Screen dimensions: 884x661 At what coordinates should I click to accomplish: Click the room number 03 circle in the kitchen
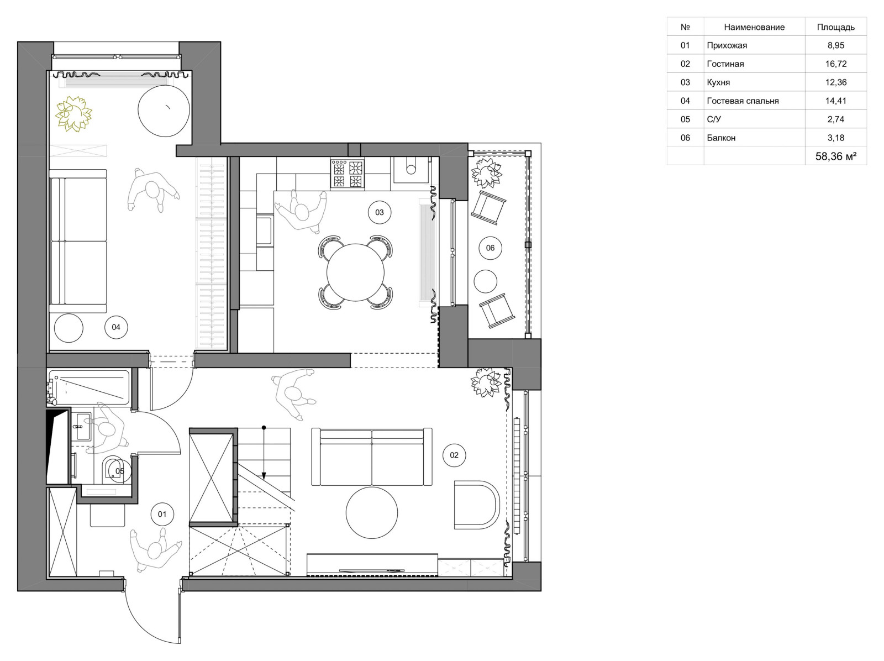[x=379, y=212]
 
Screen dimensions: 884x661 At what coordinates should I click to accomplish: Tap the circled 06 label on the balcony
[x=490, y=248]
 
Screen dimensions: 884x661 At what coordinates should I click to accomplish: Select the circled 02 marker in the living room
[x=454, y=455]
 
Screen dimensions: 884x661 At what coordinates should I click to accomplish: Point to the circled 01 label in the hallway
[x=162, y=514]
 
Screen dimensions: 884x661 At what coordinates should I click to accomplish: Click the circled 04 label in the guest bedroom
[x=116, y=327]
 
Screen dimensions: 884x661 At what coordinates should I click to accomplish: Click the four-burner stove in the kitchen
[x=347, y=174]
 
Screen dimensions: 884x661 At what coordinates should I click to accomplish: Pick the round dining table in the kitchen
[x=355, y=272]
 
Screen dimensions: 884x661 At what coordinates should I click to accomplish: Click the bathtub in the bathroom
[x=89, y=387]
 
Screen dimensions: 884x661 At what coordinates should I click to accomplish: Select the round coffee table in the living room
[x=372, y=512]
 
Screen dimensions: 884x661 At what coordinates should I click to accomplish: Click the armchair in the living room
[x=477, y=504]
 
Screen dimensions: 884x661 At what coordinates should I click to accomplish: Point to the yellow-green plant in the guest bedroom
[x=73, y=114]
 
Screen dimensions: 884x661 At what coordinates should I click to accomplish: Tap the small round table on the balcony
[x=485, y=281]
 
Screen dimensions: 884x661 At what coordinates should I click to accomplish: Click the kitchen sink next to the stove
[x=411, y=170]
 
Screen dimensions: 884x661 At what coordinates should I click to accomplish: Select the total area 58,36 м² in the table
[x=836, y=156]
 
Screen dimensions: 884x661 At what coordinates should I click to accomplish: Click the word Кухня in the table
[x=718, y=82]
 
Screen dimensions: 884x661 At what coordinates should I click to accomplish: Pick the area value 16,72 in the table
[x=836, y=64]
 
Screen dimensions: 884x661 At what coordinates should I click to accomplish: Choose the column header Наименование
[x=754, y=28]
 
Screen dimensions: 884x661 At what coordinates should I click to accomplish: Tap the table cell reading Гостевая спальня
[x=743, y=101]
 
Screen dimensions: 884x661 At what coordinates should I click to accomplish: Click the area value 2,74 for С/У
[x=836, y=119]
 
